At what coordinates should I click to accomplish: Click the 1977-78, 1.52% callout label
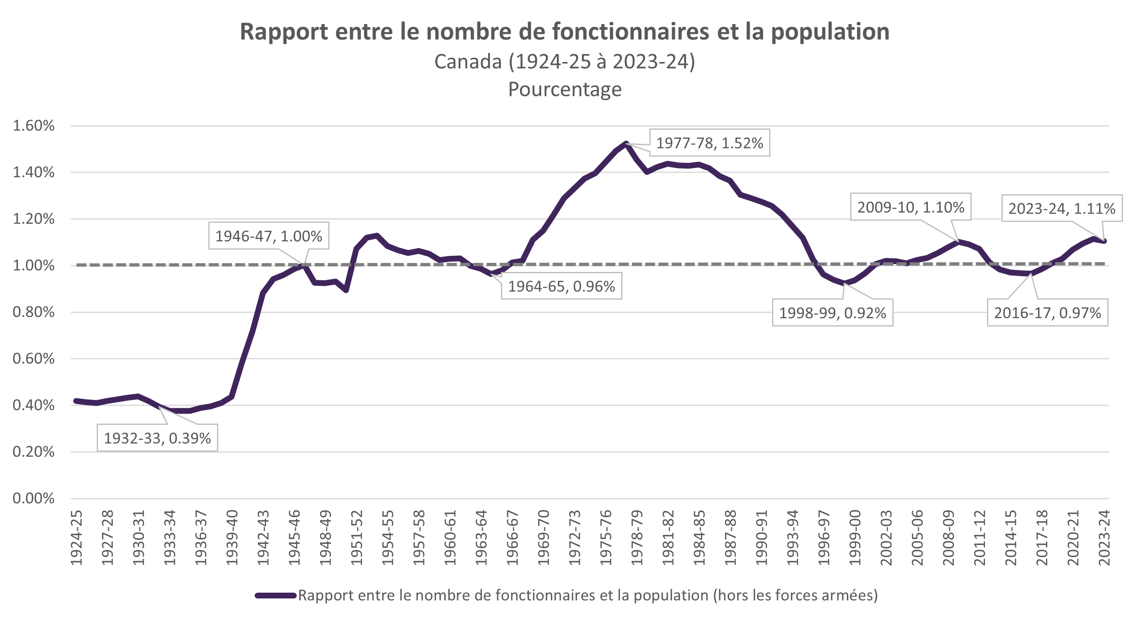tap(709, 143)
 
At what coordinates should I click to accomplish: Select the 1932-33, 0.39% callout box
tap(157, 438)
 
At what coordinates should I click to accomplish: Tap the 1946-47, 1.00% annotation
tap(269, 236)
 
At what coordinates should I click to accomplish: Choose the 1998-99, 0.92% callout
tap(832, 313)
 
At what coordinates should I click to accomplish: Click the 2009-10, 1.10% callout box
tap(910, 207)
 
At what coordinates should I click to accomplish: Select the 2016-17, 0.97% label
tap(1047, 313)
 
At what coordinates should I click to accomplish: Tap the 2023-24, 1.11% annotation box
tap(1061, 208)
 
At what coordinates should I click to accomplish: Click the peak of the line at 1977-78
tap(626, 143)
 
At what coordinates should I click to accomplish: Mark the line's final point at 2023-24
tap(1104, 241)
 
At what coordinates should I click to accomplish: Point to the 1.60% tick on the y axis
tap(33, 126)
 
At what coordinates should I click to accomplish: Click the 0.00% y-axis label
tap(33, 498)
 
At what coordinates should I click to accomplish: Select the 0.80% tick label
tap(33, 312)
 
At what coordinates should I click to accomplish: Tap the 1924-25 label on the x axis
tap(76, 538)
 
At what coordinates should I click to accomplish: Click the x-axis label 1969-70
tap(544, 538)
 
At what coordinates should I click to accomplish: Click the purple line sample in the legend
tap(276, 596)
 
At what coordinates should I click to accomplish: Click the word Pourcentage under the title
tap(565, 90)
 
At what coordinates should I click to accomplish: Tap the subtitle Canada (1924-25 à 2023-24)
tap(565, 62)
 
